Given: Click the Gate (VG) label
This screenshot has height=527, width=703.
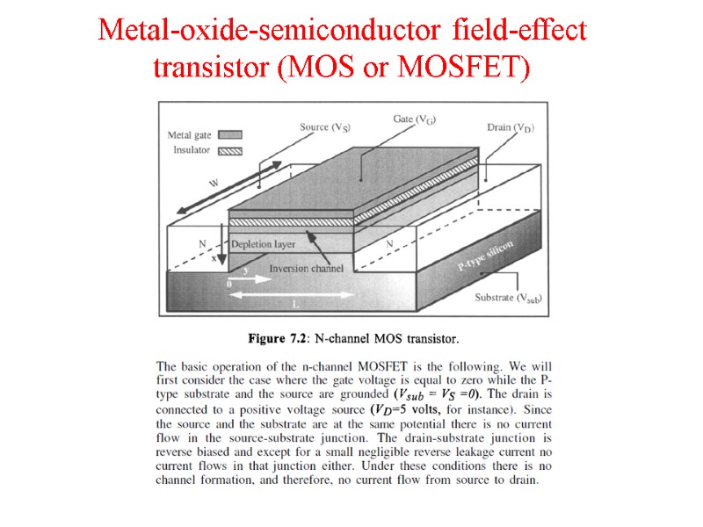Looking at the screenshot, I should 414,119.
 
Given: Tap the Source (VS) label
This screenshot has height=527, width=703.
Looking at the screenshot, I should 326,127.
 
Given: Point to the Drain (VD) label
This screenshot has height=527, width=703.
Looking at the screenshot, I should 511,127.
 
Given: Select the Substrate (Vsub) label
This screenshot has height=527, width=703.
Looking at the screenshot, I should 508,298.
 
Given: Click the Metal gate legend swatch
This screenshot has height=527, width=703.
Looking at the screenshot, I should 229,135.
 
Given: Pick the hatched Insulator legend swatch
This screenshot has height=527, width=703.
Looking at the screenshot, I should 229,150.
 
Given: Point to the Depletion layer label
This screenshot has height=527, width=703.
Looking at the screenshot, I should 263,243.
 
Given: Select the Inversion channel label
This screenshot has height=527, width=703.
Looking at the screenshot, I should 301,268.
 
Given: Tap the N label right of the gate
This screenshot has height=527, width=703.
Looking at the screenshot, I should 389,242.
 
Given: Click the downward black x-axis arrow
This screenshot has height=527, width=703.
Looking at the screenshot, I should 222,251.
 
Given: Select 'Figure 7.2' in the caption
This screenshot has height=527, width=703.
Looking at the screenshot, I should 277,338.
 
